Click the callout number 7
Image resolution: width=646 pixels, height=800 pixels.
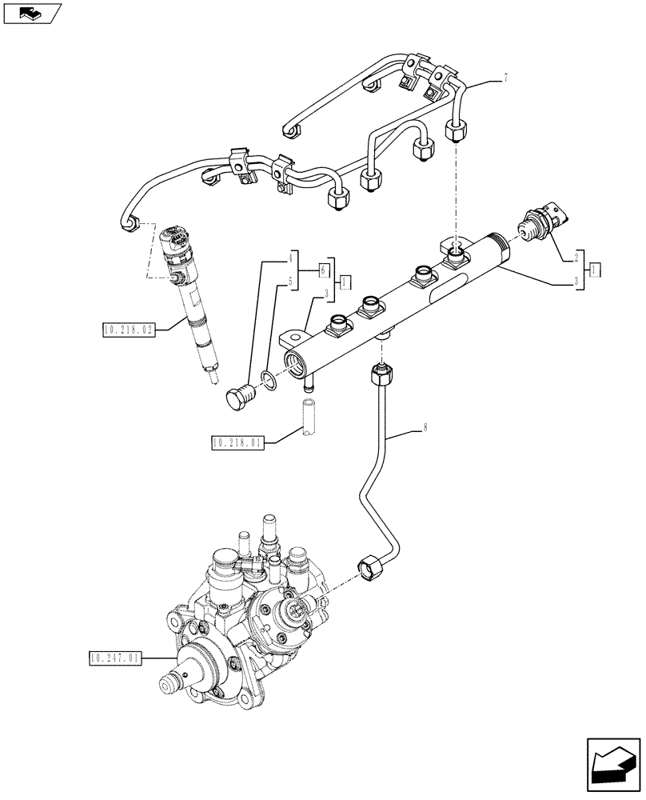coord(505,78)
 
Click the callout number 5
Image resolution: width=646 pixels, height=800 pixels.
coord(293,282)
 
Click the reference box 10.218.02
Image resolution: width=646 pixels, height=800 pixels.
coord(128,329)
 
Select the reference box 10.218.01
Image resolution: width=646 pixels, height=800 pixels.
coord(237,442)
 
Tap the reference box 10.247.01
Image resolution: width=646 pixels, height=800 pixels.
coord(114,658)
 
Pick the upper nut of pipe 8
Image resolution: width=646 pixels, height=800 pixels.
coord(381,372)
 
